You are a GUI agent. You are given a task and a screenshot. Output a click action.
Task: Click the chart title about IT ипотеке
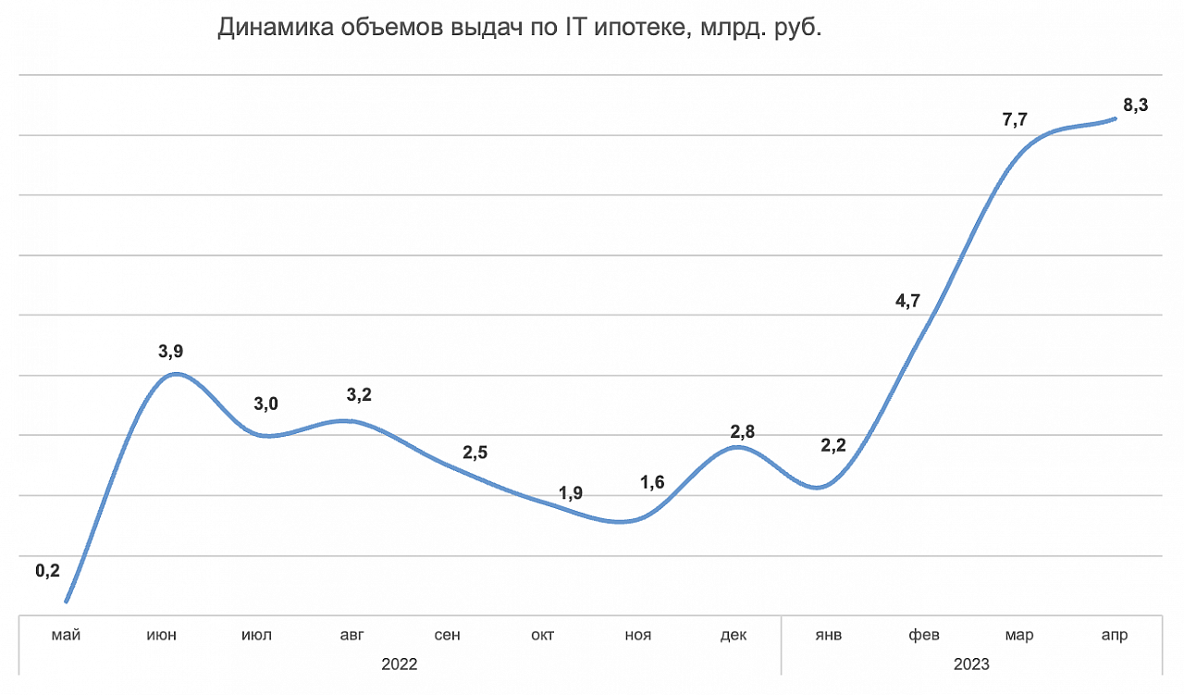click(x=520, y=29)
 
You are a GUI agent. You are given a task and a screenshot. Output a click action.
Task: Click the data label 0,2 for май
click(x=47, y=571)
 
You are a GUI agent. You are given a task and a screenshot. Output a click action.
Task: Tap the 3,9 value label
click(x=171, y=351)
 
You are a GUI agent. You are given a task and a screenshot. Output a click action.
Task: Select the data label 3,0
click(x=266, y=403)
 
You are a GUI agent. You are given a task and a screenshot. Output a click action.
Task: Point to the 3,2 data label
click(x=358, y=396)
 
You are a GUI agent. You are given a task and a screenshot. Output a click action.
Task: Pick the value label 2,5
click(x=475, y=453)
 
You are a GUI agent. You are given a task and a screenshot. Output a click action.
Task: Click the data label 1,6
click(x=652, y=482)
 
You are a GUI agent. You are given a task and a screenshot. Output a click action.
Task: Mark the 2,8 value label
click(x=743, y=431)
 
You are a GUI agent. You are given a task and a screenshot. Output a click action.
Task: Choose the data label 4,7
click(x=907, y=300)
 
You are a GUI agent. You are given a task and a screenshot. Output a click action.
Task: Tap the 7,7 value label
click(x=1016, y=119)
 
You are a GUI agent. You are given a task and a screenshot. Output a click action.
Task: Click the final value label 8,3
click(x=1136, y=105)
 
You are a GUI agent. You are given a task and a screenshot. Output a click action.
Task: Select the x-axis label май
click(x=67, y=635)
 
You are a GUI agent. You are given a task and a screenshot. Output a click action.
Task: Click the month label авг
click(x=352, y=635)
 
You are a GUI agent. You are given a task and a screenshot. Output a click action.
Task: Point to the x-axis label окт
click(x=543, y=635)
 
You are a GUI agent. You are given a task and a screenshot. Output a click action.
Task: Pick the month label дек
click(x=734, y=635)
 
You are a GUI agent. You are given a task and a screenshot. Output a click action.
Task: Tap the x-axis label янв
click(x=829, y=635)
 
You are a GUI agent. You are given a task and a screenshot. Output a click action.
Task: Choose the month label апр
click(x=1115, y=635)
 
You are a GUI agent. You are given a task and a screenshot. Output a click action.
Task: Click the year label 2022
click(x=400, y=664)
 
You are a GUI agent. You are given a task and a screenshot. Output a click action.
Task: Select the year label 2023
click(x=971, y=664)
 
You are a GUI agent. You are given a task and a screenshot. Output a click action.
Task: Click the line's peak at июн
click(x=176, y=374)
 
